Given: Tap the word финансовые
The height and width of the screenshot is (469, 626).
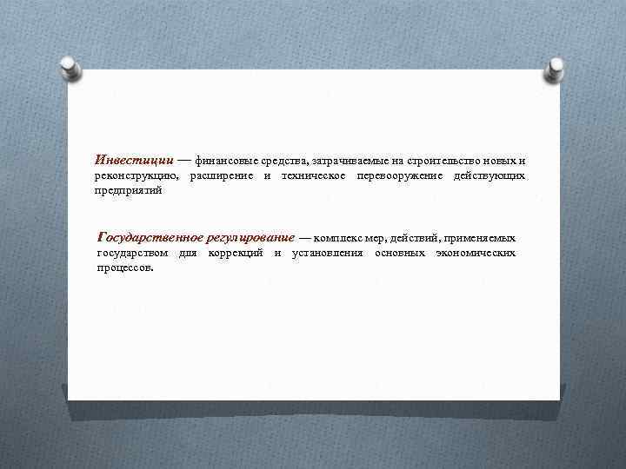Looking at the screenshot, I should tap(223, 162).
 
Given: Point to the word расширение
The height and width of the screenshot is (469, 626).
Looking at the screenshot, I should tap(222, 176).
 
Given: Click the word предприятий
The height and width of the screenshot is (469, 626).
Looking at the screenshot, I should tap(129, 190).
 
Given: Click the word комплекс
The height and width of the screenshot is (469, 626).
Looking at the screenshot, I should tap(336, 238).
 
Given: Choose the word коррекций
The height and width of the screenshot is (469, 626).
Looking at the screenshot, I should tap(236, 253).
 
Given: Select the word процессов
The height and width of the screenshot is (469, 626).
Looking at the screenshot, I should tap(125, 268).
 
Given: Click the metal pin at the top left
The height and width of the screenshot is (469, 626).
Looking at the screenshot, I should tap(71, 67).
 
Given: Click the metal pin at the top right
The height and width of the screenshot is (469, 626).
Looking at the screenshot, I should tap(555, 67).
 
